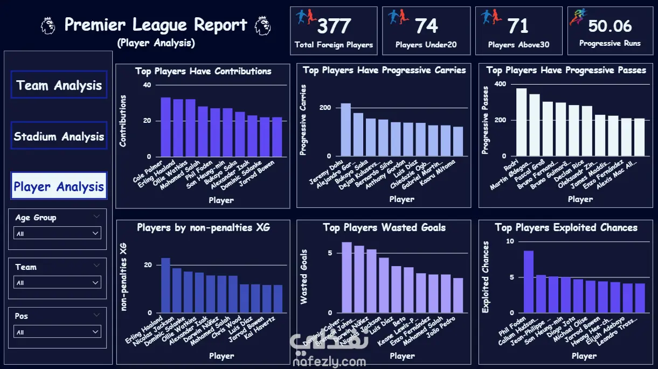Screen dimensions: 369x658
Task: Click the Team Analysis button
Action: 59,85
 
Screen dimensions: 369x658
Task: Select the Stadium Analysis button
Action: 59,136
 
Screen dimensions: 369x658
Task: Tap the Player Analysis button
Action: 59,186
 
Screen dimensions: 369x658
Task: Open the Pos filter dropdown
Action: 58,332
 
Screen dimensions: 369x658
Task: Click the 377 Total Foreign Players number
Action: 334,26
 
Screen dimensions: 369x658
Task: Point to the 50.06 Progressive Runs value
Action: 609,26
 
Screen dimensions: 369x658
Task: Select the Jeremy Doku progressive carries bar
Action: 345,129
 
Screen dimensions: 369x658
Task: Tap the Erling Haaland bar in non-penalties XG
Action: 165,285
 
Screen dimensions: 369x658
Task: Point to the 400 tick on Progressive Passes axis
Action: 500,84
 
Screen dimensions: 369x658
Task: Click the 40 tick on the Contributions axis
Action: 147,85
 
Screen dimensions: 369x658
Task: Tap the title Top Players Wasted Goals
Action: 384,228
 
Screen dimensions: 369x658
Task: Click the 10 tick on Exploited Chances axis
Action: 510,241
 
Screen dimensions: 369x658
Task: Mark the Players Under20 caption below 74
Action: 426,45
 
